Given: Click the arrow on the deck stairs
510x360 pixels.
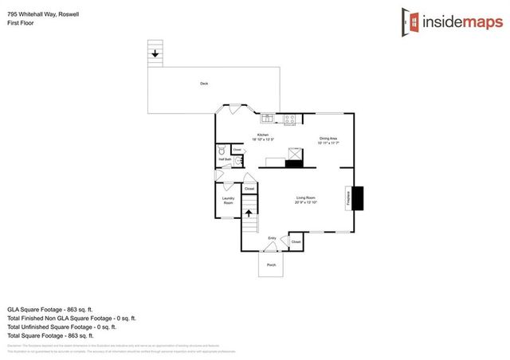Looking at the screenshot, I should [x=155, y=54].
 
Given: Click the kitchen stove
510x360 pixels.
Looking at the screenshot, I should [x=290, y=120].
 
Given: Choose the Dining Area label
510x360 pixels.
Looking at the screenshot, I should [x=328, y=140].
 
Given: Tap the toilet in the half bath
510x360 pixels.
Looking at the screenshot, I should [x=222, y=150].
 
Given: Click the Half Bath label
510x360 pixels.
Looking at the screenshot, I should [x=225, y=159].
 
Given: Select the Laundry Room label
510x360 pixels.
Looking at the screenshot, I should [x=228, y=202].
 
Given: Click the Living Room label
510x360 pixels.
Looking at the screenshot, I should [x=307, y=200].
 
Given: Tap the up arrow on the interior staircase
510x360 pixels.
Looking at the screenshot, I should [x=248, y=213].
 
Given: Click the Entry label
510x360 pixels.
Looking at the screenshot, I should [x=272, y=237].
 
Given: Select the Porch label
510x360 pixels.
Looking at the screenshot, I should [x=271, y=264].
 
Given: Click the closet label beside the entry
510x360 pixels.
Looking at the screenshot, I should [x=296, y=241].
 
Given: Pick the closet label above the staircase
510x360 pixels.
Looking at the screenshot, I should [x=249, y=189].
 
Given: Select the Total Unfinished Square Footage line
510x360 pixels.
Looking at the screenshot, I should [x=61, y=327].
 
